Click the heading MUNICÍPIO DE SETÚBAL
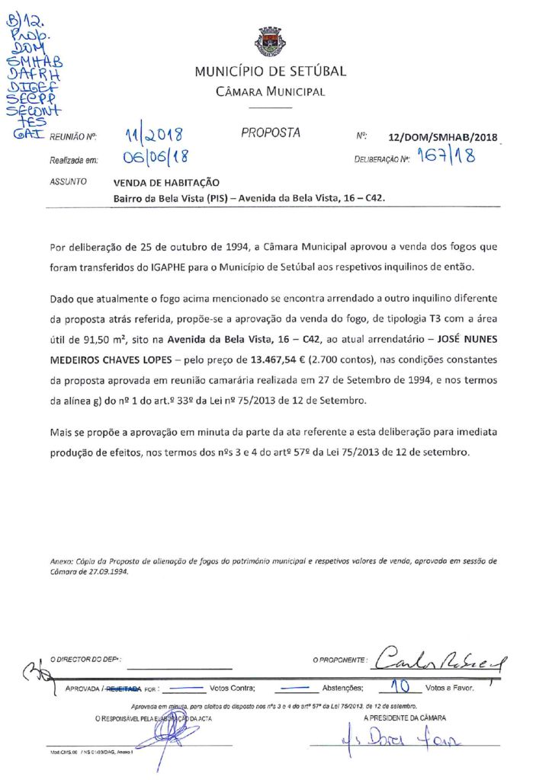pyautogui.click(x=270, y=72)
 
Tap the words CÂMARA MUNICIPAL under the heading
pyautogui.click(x=270, y=92)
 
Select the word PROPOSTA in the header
pyautogui.click(x=271, y=133)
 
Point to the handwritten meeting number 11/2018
pyautogui.click(x=156, y=137)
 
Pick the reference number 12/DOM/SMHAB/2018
pyautogui.click(x=442, y=139)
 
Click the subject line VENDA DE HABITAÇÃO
pyautogui.click(x=166, y=183)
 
